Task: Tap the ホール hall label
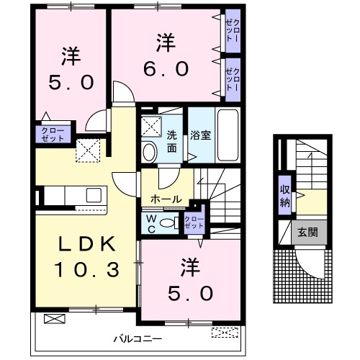pos(166,199)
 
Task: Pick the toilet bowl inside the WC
pos(168,223)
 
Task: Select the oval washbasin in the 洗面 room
pos(150,152)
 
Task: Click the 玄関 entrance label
pos(307,232)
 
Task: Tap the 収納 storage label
pos(285,195)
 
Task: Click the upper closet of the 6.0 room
pos(233,32)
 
